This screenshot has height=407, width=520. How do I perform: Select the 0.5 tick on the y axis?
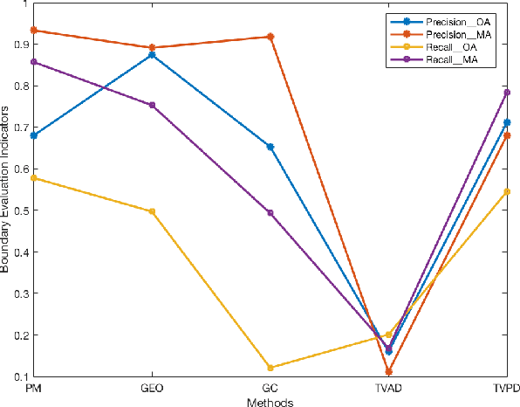18,210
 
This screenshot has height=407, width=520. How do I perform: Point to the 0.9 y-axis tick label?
18,45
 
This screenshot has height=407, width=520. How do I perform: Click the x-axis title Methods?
270,402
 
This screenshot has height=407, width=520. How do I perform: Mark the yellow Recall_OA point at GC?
270,368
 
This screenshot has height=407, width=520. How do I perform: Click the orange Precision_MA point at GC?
270,37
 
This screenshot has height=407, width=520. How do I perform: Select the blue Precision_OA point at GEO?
152,54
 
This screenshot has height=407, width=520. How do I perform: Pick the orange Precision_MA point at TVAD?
388,372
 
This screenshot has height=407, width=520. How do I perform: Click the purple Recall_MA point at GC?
270,212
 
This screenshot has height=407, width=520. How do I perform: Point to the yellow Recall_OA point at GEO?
152,211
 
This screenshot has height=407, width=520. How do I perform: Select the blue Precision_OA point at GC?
270,147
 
